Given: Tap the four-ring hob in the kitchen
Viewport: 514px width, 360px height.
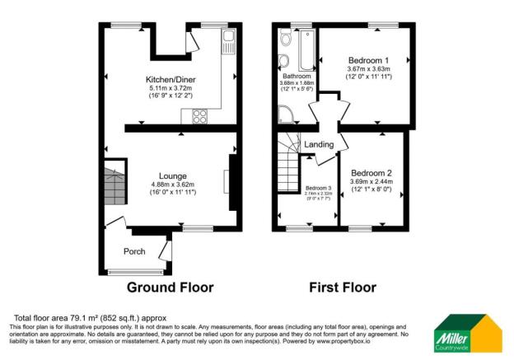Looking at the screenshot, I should point(199,116).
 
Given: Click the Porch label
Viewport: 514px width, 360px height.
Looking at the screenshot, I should point(134,250).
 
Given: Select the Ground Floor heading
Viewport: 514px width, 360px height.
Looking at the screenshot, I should point(170,288).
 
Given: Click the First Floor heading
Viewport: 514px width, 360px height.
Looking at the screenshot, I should point(343,288).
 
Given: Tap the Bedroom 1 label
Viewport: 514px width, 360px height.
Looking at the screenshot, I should point(368,61).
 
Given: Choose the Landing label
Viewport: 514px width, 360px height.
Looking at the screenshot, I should point(319,145).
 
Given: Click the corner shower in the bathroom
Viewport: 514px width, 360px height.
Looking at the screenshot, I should point(286,115).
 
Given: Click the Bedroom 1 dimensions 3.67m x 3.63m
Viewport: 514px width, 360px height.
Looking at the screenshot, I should point(368,69).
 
